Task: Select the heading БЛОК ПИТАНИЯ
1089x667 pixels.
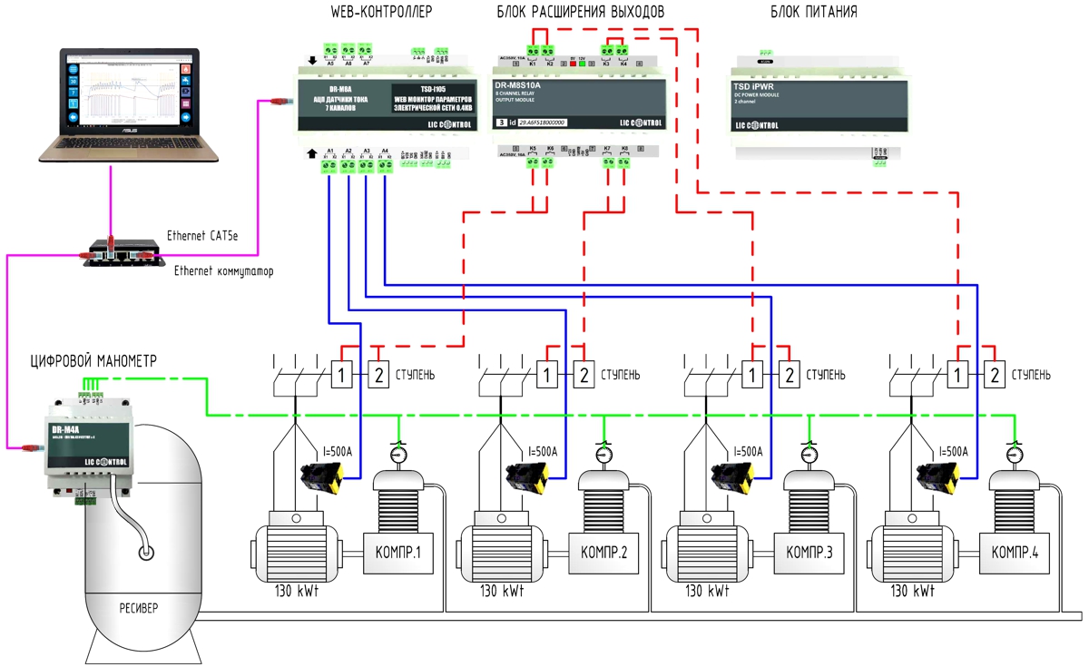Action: (814, 13)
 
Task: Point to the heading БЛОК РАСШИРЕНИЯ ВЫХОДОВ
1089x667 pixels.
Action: (581, 13)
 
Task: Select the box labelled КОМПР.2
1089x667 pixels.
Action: (603, 552)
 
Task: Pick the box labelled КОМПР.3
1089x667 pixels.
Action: (809, 552)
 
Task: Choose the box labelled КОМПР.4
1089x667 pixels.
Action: (1015, 552)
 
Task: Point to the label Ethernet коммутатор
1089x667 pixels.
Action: (223, 270)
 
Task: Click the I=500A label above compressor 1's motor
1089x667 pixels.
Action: (338, 451)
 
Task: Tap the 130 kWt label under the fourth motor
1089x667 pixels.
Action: (912, 591)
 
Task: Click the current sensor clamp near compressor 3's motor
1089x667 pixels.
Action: (731, 475)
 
